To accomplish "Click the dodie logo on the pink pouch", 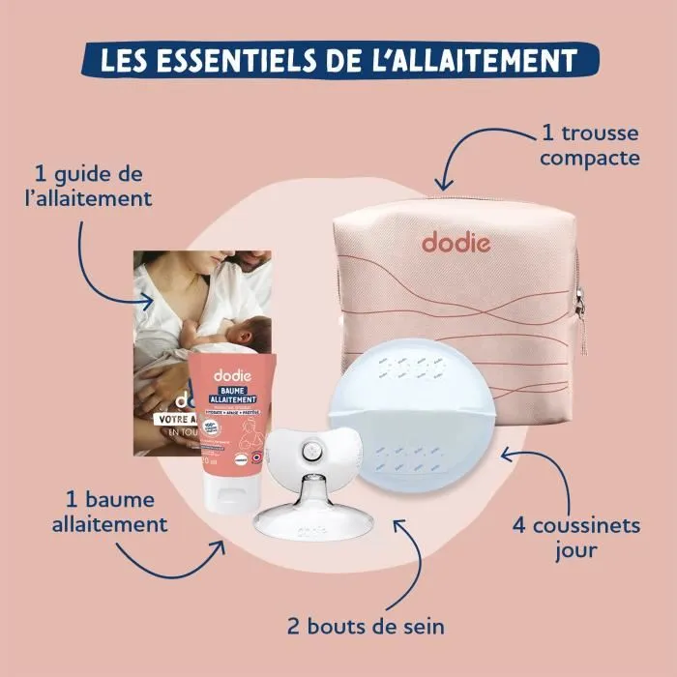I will pyautogui.click(x=456, y=241).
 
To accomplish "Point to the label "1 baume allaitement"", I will pyautogui.click(x=116, y=512).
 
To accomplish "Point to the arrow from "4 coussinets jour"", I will pyautogui.click(x=527, y=465).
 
